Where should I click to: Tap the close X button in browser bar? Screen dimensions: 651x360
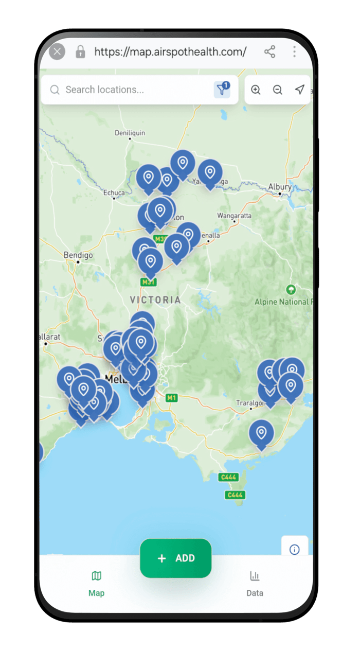57,51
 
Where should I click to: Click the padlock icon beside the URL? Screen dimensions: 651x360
80,51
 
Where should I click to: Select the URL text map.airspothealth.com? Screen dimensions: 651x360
170,51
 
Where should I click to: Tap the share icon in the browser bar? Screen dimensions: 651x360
269,51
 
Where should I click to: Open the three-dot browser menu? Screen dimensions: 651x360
294,51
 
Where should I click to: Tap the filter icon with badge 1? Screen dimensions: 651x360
222,90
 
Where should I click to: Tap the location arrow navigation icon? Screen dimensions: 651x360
299,90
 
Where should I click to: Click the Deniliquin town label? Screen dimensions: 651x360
130,133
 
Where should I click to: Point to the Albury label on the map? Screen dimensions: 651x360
280,187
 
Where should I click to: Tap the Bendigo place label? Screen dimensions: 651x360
78,255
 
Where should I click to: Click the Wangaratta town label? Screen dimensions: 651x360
235,215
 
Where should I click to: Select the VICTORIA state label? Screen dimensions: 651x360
155,300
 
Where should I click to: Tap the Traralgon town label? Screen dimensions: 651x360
249,403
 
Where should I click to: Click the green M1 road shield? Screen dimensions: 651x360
171,398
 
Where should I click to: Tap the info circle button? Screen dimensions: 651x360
295,549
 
